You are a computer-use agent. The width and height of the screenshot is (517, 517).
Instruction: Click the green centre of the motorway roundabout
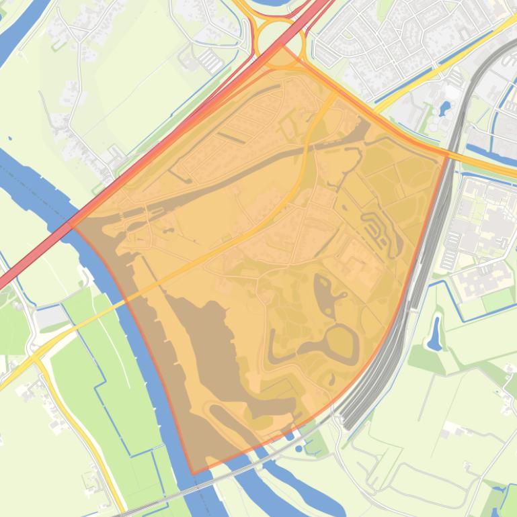tap(278, 39)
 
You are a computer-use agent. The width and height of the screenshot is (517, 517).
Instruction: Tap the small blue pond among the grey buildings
tap(445, 107)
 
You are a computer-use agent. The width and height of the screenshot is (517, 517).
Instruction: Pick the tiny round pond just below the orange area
tap(299, 447)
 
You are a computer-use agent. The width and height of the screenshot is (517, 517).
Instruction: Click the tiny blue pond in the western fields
tap(9, 138)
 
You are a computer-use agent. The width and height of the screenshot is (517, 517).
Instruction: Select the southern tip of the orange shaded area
tap(194, 473)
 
